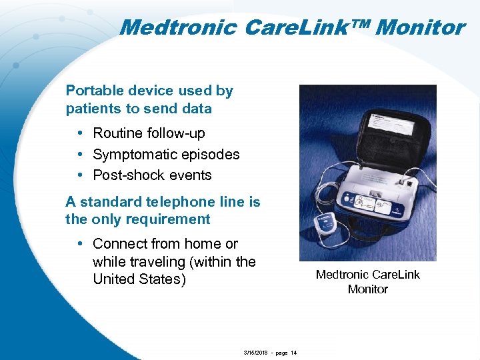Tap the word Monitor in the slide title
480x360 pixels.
coord(420,28)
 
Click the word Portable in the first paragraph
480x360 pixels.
coord(94,91)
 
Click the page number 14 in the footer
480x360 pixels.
coord(293,353)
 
